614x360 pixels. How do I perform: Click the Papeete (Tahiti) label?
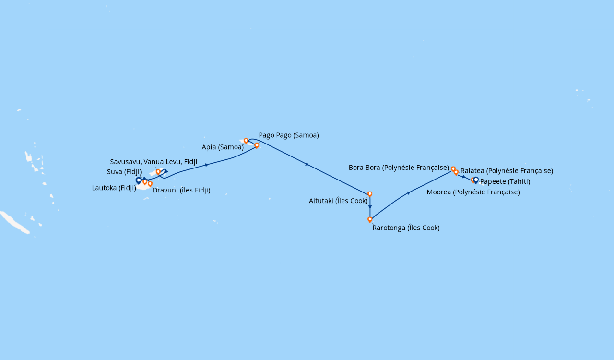pos(505,181)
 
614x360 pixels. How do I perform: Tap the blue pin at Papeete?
pos(476,180)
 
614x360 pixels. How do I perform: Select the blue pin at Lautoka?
pos(139,180)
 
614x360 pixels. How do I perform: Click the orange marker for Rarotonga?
pos(370,219)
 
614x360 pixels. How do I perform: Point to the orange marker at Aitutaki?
pos(370,194)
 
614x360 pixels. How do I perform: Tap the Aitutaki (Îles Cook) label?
pos(338,201)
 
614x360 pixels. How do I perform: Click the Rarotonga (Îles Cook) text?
pos(406,228)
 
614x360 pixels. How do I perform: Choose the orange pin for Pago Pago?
pos(257,145)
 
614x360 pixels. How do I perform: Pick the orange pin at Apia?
pos(246,141)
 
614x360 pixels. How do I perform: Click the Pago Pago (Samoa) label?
pos(289,135)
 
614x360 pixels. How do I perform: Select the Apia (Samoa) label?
pos(223,147)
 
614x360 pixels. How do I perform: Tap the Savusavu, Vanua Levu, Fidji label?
pos(153,162)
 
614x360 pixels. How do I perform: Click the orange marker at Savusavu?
pos(158,172)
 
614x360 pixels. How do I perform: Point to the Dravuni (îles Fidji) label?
pos(181,190)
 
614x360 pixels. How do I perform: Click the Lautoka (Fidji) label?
pos(114,188)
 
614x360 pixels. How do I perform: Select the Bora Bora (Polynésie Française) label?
pos(399,168)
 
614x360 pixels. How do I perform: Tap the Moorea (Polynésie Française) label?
pos(473,192)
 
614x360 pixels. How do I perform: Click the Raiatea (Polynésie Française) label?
pos(507,171)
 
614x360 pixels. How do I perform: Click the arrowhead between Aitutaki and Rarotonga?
pos(370,207)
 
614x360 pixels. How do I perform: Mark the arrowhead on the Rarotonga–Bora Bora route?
pos(409,193)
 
